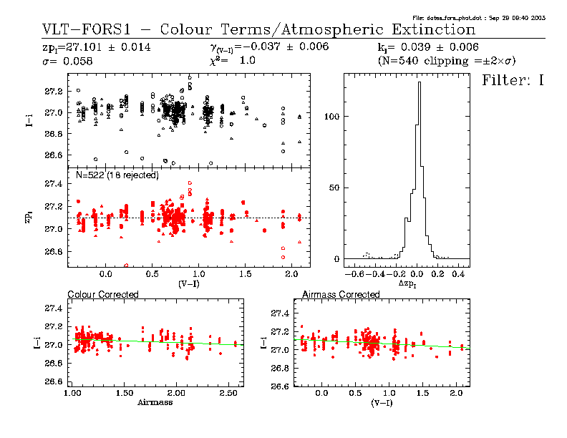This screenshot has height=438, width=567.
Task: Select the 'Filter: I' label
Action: click(x=513, y=79)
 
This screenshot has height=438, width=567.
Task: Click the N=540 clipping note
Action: click(x=446, y=62)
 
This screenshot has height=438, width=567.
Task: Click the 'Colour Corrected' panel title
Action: click(x=102, y=294)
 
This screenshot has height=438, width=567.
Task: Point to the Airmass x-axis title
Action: click(x=155, y=402)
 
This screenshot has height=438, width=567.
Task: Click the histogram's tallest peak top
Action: click(x=419, y=82)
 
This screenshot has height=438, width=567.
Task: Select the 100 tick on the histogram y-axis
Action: click(x=331, y=116)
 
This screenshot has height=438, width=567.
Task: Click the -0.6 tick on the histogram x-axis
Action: click(x=351, y=274)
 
